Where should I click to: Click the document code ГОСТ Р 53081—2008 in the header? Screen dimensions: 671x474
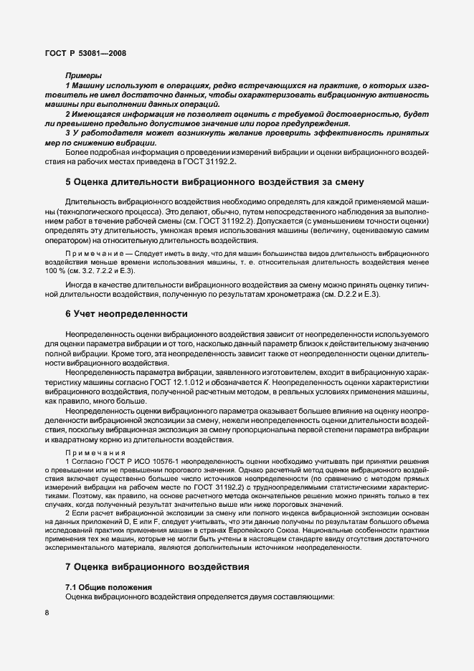click(x=86, y=52)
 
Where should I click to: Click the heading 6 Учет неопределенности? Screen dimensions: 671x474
click(x=126, y=314)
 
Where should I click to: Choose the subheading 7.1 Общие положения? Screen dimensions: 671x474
click(x=108, y=587)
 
